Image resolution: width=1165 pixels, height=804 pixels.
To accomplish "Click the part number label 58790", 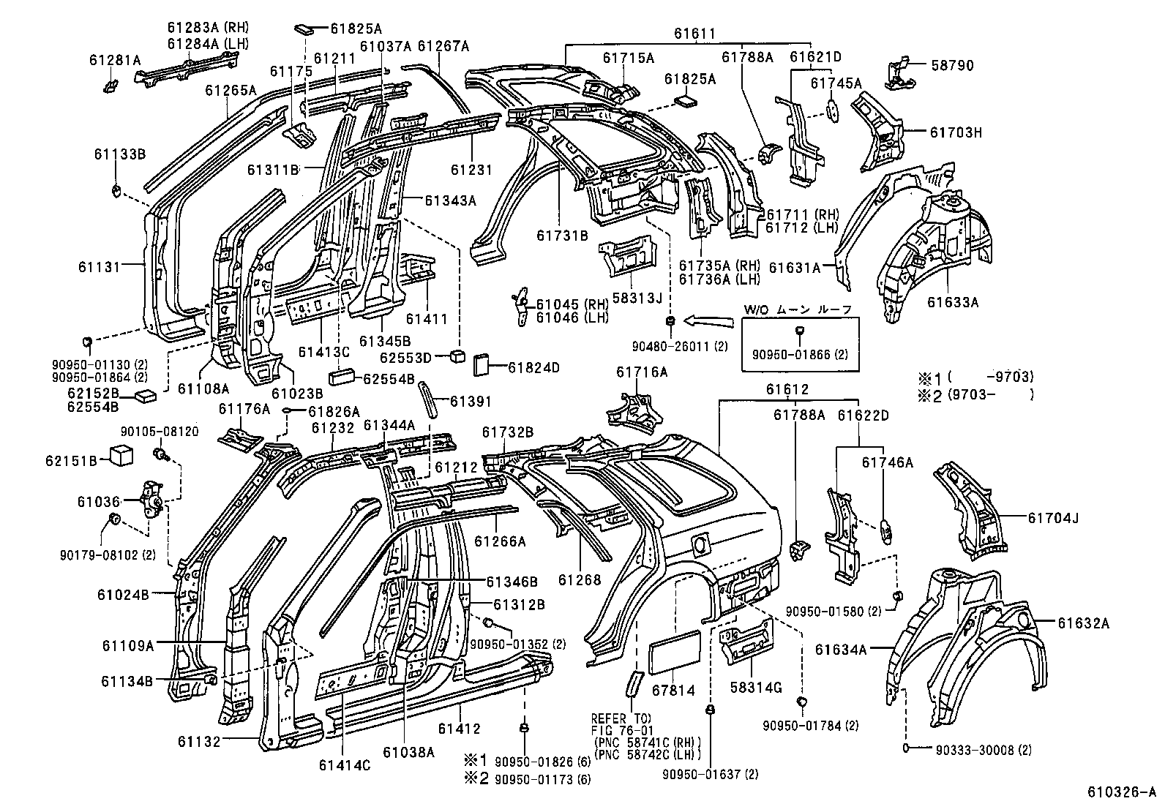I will click(x=952, y=66).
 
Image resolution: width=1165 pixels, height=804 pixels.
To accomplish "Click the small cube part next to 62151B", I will click(x=120, y=456).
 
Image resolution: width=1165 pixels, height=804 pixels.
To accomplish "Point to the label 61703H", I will click(x=955, y=132).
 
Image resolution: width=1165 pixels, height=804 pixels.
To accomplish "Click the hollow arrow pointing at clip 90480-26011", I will click(x=710, y=319).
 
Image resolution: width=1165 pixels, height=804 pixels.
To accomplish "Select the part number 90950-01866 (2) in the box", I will click(x=800, y=354).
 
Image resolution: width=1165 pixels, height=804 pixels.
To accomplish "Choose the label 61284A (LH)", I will click(x=208, y=44).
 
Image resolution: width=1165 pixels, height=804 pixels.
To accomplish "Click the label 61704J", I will click(x=1053, y=518).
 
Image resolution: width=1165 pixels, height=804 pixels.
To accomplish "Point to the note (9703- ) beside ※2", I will click(x=990, y=395).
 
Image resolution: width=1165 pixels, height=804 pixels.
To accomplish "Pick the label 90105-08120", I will click(x=160, y=432).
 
